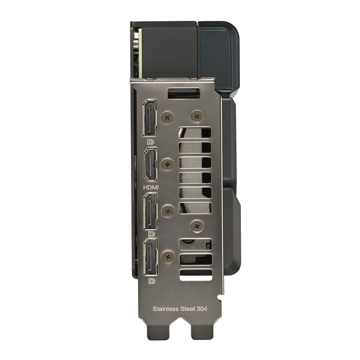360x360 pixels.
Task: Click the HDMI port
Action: tap(150, 165)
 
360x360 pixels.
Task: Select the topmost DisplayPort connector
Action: tap(150, 118)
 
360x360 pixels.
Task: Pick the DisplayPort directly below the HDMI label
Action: tap(150, 211)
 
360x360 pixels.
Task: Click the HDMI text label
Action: tap(151, 188)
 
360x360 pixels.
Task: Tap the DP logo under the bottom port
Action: tap(152, 281)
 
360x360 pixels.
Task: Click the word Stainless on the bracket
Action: tap(166, 309)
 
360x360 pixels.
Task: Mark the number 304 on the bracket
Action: tap(202, 309)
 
